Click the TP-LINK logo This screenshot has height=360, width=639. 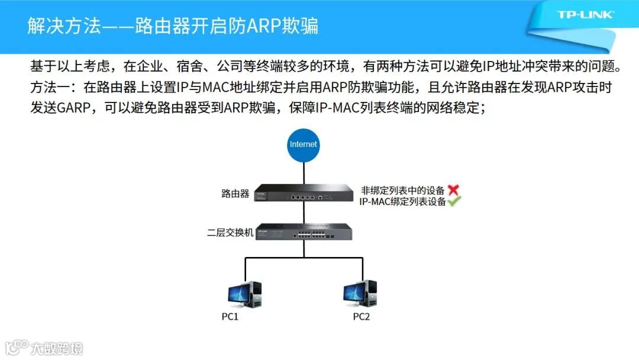[585, 14]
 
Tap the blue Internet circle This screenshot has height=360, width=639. [303, 144]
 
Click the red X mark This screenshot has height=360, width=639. [453, 190]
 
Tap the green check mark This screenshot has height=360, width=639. [454, 201]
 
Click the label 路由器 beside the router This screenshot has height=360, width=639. [235, 194]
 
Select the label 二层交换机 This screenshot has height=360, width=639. [230, 233]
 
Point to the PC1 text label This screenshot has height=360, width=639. [230, 317]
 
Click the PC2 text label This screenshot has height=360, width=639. [362, 317]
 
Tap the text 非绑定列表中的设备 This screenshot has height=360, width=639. [402, 191]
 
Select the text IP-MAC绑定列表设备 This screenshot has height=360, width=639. [402, 201]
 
